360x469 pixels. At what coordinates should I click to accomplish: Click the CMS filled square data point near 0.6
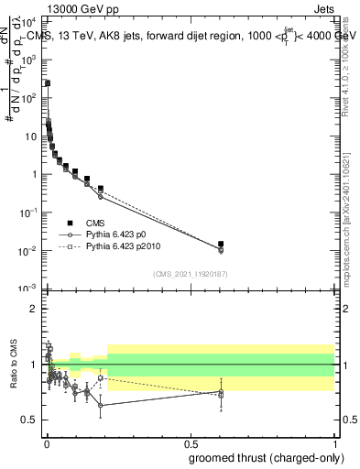click(x=221, y=244)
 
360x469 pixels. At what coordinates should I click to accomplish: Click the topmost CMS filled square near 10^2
click(x=48, y=82)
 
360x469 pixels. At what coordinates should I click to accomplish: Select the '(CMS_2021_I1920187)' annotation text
click(x=190, y=274)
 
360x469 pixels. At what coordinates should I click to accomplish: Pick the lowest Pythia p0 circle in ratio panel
click(x=100, y=405)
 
